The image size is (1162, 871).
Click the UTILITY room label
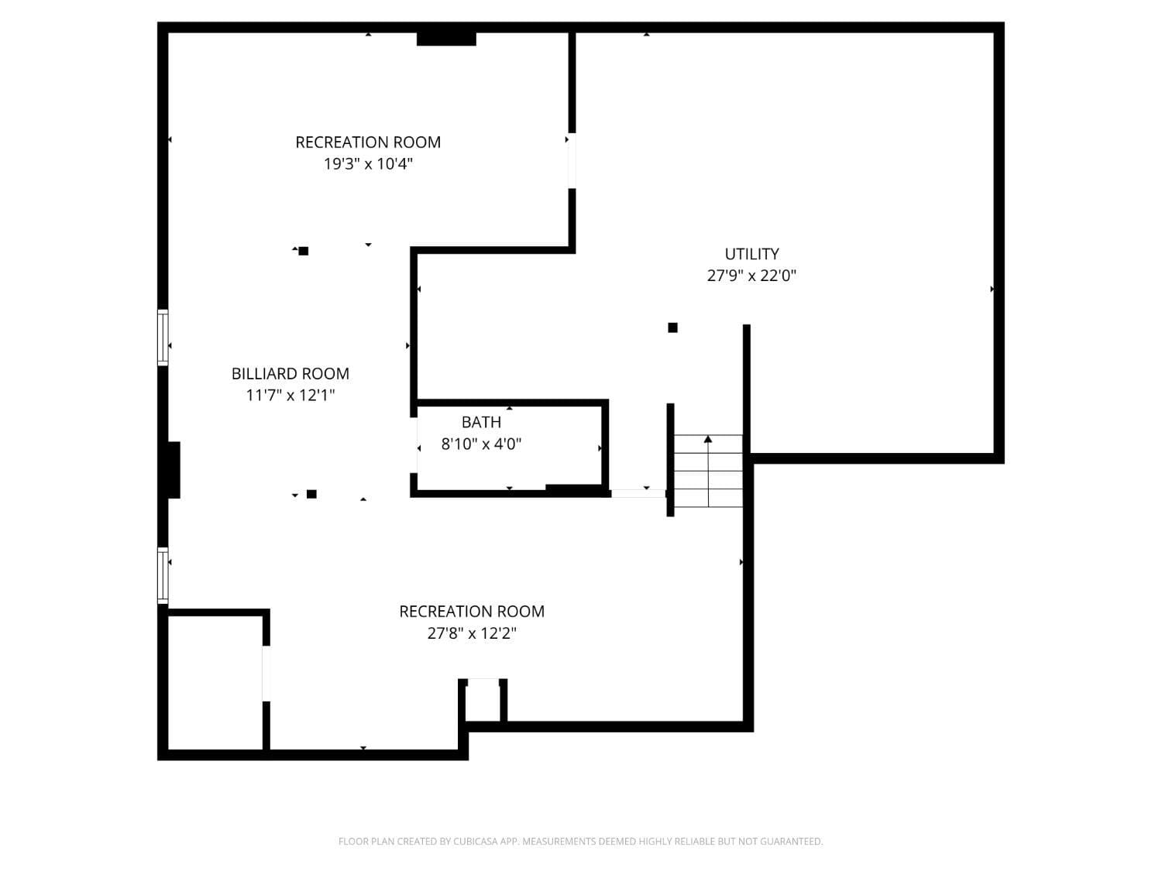coord(751,254)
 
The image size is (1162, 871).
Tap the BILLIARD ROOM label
coord(290,374)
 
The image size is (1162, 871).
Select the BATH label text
coord(481,423)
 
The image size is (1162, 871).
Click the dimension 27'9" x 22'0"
coord(751,276)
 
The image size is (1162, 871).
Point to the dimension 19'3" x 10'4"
coord(368,164)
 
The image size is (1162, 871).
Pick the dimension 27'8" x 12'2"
coord(472,633)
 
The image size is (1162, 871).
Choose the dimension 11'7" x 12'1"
coord(290,396)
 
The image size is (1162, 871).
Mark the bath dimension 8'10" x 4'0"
coord(481,444)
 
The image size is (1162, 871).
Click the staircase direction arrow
coord(708,440)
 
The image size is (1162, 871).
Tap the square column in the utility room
coord(672,327)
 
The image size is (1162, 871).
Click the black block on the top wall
coord(446,39)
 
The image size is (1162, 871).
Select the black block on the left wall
coord(172,470)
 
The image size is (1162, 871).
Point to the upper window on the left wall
coord(163,337)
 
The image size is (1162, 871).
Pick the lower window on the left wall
coord(163,575)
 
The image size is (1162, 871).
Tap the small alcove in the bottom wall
coord(483,701)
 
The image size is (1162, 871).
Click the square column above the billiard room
coord(304,251)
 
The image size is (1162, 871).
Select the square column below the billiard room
coord(311,494)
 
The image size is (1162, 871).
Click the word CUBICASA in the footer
coord(476,842)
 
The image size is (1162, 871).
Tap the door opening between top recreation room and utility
coord(572,161)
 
